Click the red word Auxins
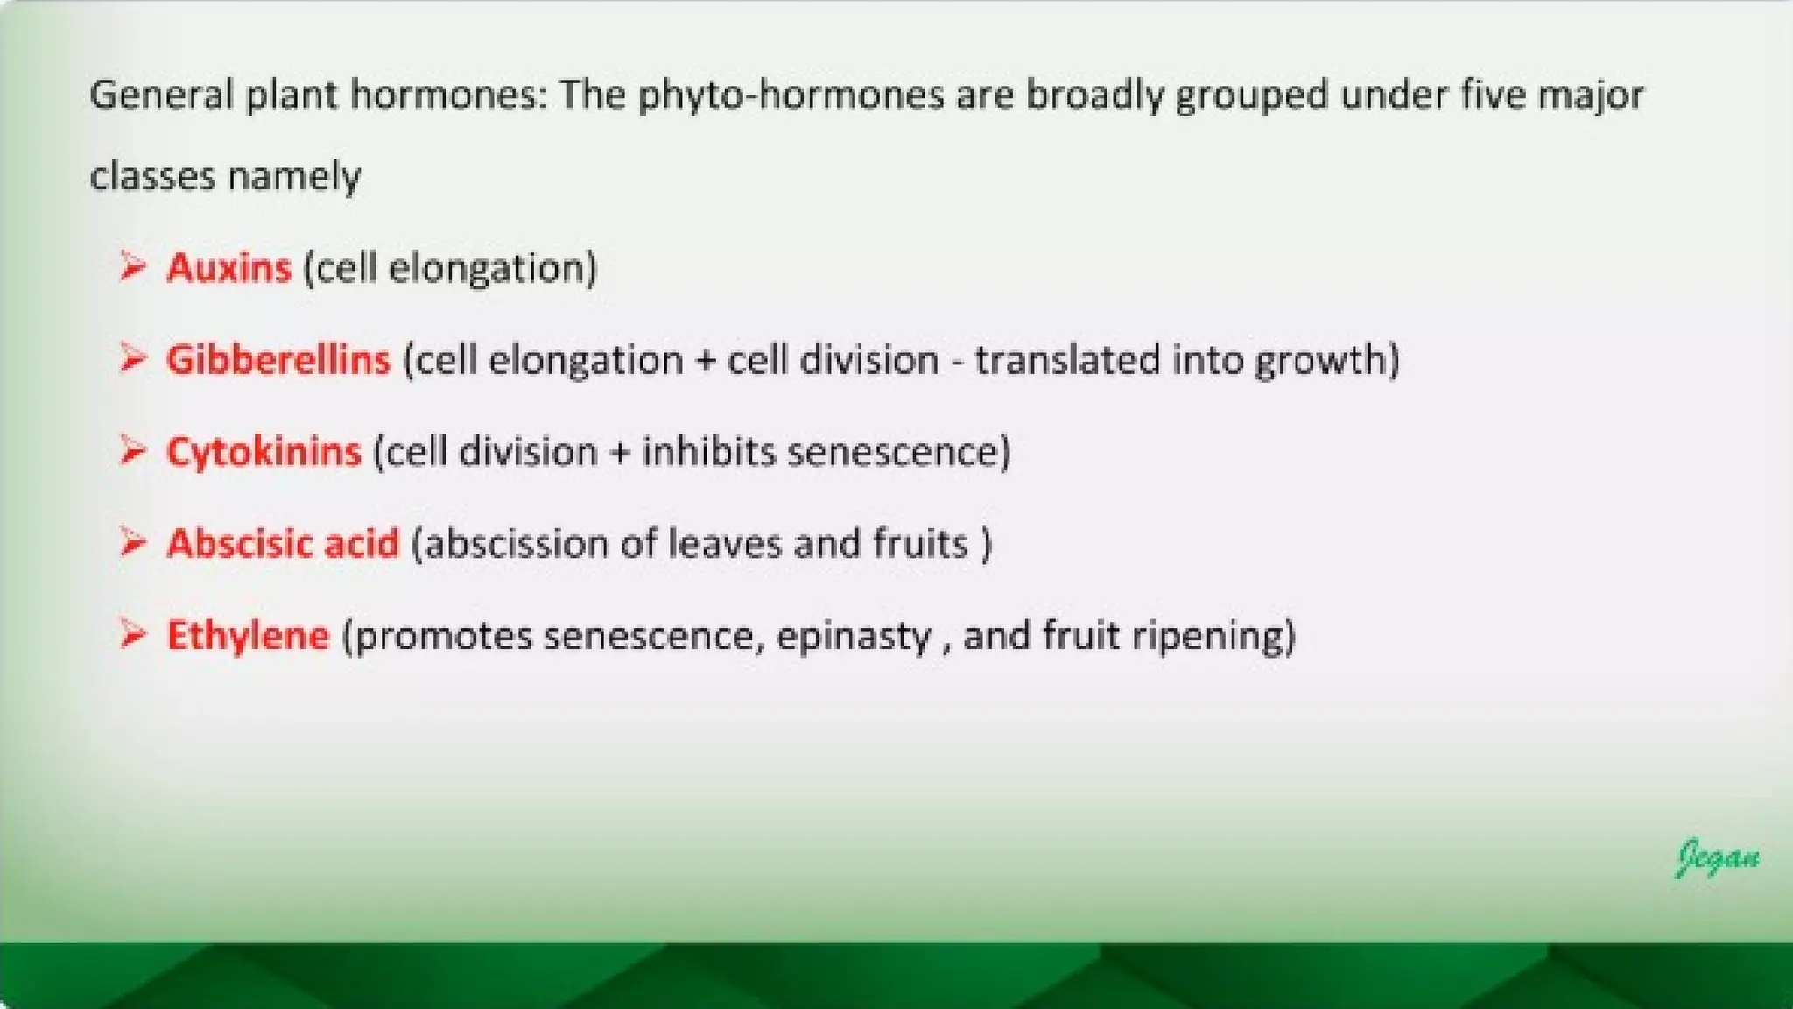click(229, 268)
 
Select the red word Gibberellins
click(278, 360)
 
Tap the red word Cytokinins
click(264, 452)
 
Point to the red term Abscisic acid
click(283, 544)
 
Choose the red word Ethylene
click(248, 636)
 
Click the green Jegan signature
click(1717, 857)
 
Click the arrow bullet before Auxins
click(132, 265)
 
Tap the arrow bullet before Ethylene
click(132, 633)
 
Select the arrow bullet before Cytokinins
click(132, 450)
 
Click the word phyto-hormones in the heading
click(791, 95)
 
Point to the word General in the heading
click(161, 95)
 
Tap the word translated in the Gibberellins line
click(1066, 360)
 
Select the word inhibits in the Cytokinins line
click(708, 452)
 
